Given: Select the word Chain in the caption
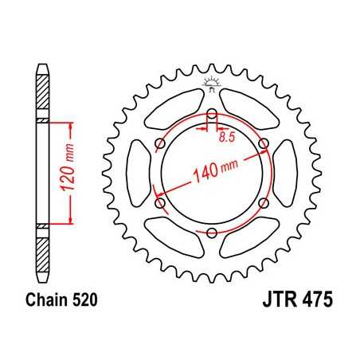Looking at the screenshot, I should click(46, 302).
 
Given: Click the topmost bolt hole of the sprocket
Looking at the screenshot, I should click(213, 112).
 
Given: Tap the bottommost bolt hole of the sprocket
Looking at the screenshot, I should click(213, 233).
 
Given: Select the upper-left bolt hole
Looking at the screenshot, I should click(160, 143).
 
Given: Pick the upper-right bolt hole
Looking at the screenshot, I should click(265, 143).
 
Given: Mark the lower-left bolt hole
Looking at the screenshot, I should click(160, 203).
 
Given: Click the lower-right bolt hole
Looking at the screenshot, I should click(265, 203).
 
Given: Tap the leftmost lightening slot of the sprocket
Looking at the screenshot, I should click(137, 173).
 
